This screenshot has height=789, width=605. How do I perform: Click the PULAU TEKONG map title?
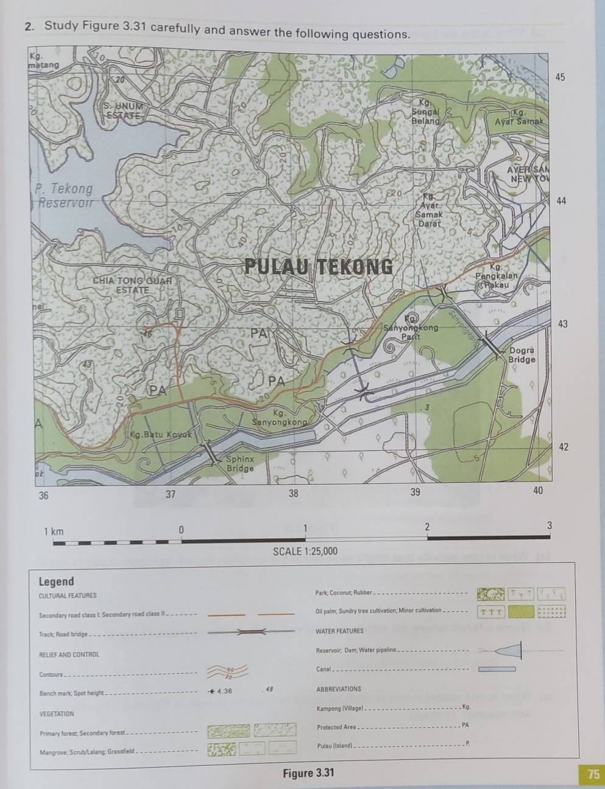318,267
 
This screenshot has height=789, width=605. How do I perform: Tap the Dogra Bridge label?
522,355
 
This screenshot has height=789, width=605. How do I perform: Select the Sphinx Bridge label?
240,463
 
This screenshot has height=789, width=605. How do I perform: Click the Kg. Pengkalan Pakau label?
497,276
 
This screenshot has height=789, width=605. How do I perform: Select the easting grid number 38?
294,494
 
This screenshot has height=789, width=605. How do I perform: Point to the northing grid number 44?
561,201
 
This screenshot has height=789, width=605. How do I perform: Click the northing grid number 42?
564,447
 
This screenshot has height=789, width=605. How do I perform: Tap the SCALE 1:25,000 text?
305,552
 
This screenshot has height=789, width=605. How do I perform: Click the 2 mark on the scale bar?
426,527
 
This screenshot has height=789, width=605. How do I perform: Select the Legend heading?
56,581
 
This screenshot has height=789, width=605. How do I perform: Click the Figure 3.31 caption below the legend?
308,773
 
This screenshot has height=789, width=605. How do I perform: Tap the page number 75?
593,774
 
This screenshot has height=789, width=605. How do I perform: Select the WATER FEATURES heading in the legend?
339,631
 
